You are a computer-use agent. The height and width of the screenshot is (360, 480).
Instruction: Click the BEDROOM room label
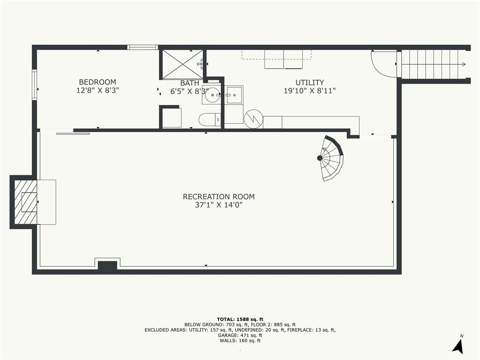pyautogui.click(x=97, y=82)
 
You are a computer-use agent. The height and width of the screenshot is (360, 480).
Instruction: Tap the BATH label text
pyautogui.click(x=189, y=83)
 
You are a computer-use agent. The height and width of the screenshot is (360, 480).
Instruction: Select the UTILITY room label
pyautogui.click(x=309, y=82)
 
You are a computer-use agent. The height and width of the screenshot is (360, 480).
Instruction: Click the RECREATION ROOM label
pyautogui.click(x=218, y=196)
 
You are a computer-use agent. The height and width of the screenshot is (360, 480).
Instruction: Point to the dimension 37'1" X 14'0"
pyautogui.click(x=218, y=205)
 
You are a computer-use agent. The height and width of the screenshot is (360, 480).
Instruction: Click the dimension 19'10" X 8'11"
pyautogui.click(x=309, y=90)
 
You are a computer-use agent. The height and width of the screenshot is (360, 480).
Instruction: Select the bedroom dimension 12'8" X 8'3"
pyautogui.click(x=97, y=90)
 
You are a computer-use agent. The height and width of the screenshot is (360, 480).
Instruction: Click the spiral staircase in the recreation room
pyautogui.click(x=330, y=158)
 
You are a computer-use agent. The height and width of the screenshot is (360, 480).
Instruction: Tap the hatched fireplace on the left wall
pyautogui.click(x=26, y=202)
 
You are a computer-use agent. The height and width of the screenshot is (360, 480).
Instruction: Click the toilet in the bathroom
pyautogui.click(x=210, y=120)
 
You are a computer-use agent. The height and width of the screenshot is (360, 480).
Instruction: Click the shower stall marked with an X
pyautogui.click(x=182, y=64)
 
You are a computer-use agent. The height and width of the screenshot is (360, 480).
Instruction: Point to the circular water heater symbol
pyautogui.click(x=254, y=119)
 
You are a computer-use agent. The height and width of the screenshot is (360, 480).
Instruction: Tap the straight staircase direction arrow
pyautogui.click(x=434, y=64)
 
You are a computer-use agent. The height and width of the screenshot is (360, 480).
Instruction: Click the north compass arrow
pyautogui.click(x=458, y=346)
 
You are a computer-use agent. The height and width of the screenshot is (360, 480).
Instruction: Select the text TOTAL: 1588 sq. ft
pyautogui.click(x=240, y=319)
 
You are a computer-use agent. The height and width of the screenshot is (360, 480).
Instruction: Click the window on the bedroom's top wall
pyautogui.click(x=142, y=47)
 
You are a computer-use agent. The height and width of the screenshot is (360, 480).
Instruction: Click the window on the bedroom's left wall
pyautogui.click(x=34, y=85)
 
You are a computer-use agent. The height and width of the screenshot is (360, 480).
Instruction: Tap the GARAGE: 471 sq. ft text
pyautogui.click(x=240, y=335)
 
